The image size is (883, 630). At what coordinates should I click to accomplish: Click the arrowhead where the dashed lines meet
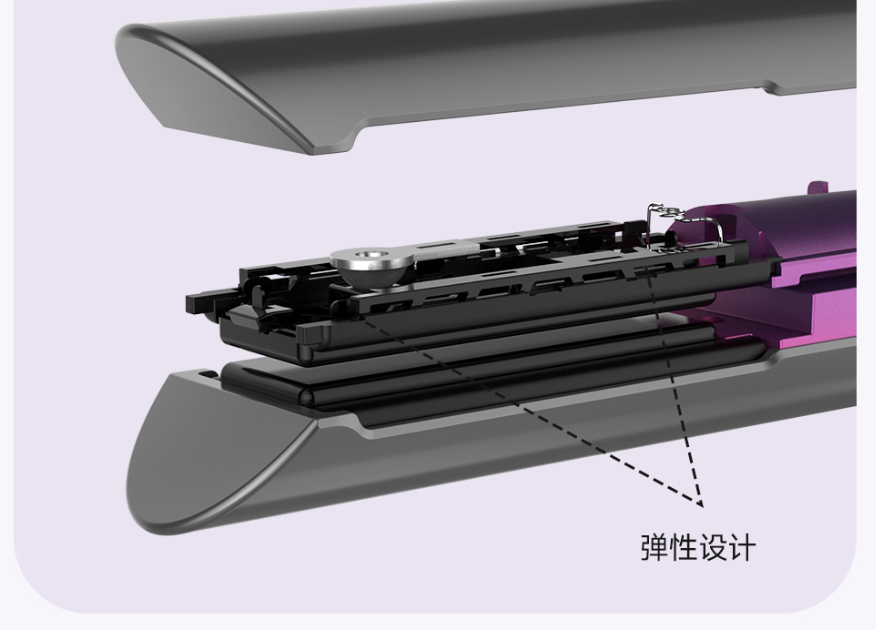(700, 503)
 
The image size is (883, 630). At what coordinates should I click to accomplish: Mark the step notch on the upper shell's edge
(769, 88)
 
